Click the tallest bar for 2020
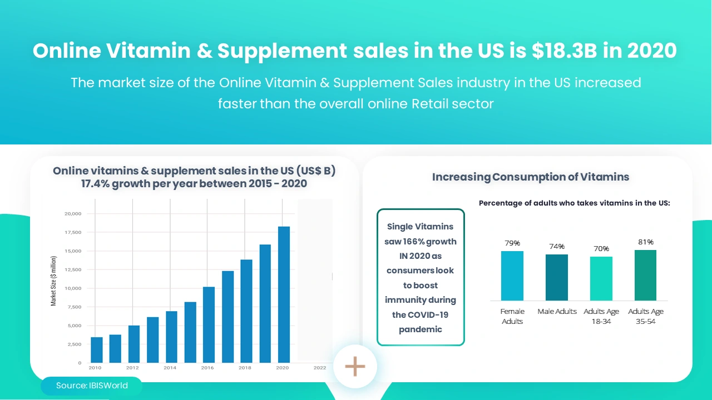(284, 294)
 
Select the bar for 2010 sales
(96, 349)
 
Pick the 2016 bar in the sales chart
(209, 324)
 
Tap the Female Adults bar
(512, 276)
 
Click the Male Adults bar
(557, 277)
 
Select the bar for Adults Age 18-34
(601, 278)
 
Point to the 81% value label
(646, 242)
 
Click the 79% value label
(512, 243)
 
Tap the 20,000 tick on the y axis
(73, 214)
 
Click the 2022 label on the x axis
(320, 368)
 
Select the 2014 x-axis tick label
(170, 368)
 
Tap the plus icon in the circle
(355, 367)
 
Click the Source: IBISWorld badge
(92, 386)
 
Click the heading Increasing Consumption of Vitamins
(531, 177)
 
